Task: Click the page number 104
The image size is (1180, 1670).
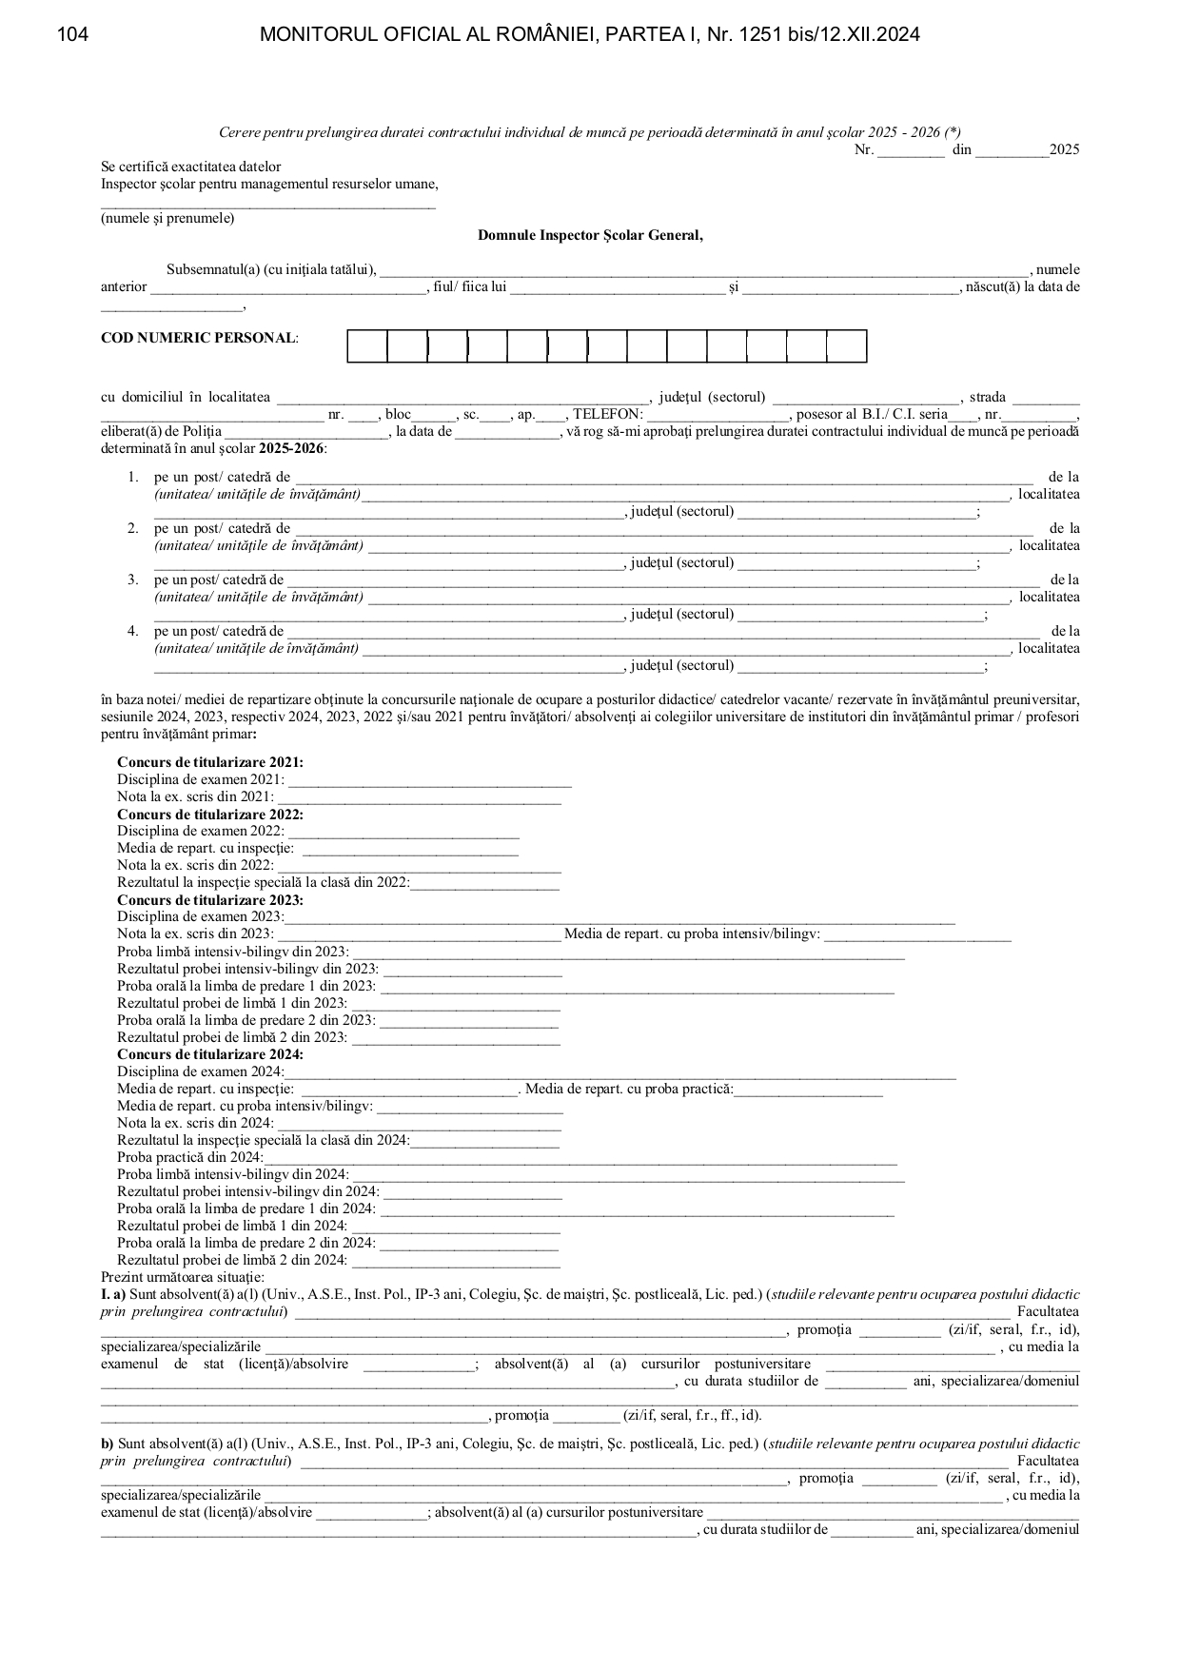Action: (73, 35)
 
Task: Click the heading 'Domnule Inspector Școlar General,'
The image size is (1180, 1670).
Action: (590, 236)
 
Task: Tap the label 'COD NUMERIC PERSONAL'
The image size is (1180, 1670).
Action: (198, 338)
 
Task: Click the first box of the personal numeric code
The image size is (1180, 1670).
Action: (367, 346)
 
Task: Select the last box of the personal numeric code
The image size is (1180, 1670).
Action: (846, 346)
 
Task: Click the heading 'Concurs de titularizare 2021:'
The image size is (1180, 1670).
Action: (210, 762)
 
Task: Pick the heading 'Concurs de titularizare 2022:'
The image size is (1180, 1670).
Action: (210, 815)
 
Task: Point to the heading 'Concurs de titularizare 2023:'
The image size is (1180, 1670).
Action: (210, 900)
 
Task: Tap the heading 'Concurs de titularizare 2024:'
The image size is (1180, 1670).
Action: (210, 1054)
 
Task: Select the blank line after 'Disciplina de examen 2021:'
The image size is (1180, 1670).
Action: (429, 783)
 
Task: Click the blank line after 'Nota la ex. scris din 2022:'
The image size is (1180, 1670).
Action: (419, 869)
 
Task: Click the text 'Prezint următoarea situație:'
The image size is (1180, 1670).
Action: (183, 1277)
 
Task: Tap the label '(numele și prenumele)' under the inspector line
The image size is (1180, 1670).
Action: (167, 218)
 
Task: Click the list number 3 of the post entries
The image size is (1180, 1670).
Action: (133, 580)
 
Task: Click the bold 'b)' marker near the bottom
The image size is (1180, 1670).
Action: (108, 1444)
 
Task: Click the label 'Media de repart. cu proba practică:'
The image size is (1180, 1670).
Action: (629, 1089)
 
